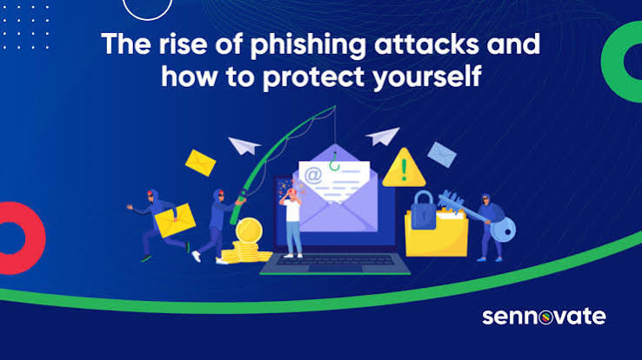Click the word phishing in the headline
click(308, 45)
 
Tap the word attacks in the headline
click(426, 44)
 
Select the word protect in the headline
click(313, 77)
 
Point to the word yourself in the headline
click(426, 77)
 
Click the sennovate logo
click(544, 317)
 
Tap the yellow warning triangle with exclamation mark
click(404, 168)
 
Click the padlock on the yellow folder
click(423, 210)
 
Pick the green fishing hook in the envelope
click(335, 163)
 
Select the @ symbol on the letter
click(313, 175)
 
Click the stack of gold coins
click(247, 242)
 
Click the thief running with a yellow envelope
click(161, 224)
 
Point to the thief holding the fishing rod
click(216, 226)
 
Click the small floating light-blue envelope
click(442, 155)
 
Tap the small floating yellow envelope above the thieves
click(201, 163)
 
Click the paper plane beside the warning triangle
click(384, 137)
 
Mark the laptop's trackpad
click(335, 269)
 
